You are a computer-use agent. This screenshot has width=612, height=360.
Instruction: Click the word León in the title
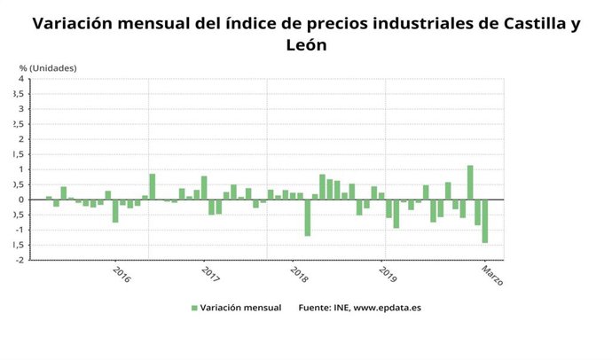[307, 44]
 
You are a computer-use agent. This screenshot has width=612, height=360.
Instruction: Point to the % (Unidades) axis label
[48, 67]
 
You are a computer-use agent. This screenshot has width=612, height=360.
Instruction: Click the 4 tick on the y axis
[20, 79]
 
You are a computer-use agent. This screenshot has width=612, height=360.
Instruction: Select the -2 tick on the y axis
[19, 261]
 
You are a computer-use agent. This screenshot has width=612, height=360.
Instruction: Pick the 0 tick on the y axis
[20, 200]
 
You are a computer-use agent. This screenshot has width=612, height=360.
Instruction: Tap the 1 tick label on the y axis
[20, 169]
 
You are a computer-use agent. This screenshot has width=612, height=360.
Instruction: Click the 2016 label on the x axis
[122, 273]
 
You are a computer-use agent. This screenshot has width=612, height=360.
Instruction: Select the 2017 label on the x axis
[211, 273]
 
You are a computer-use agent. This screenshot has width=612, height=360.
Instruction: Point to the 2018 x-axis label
[299, 273]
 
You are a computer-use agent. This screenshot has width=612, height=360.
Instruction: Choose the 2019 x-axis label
[388, 273]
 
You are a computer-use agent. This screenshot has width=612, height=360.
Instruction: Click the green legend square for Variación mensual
[194, 308]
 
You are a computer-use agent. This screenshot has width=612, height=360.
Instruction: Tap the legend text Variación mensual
[240, 308]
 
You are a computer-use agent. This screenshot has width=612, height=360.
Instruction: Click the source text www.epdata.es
[390, 308]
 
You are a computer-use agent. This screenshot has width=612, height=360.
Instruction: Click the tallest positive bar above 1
[470, 183]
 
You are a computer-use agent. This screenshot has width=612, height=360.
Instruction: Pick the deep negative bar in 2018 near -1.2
[308, 217]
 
